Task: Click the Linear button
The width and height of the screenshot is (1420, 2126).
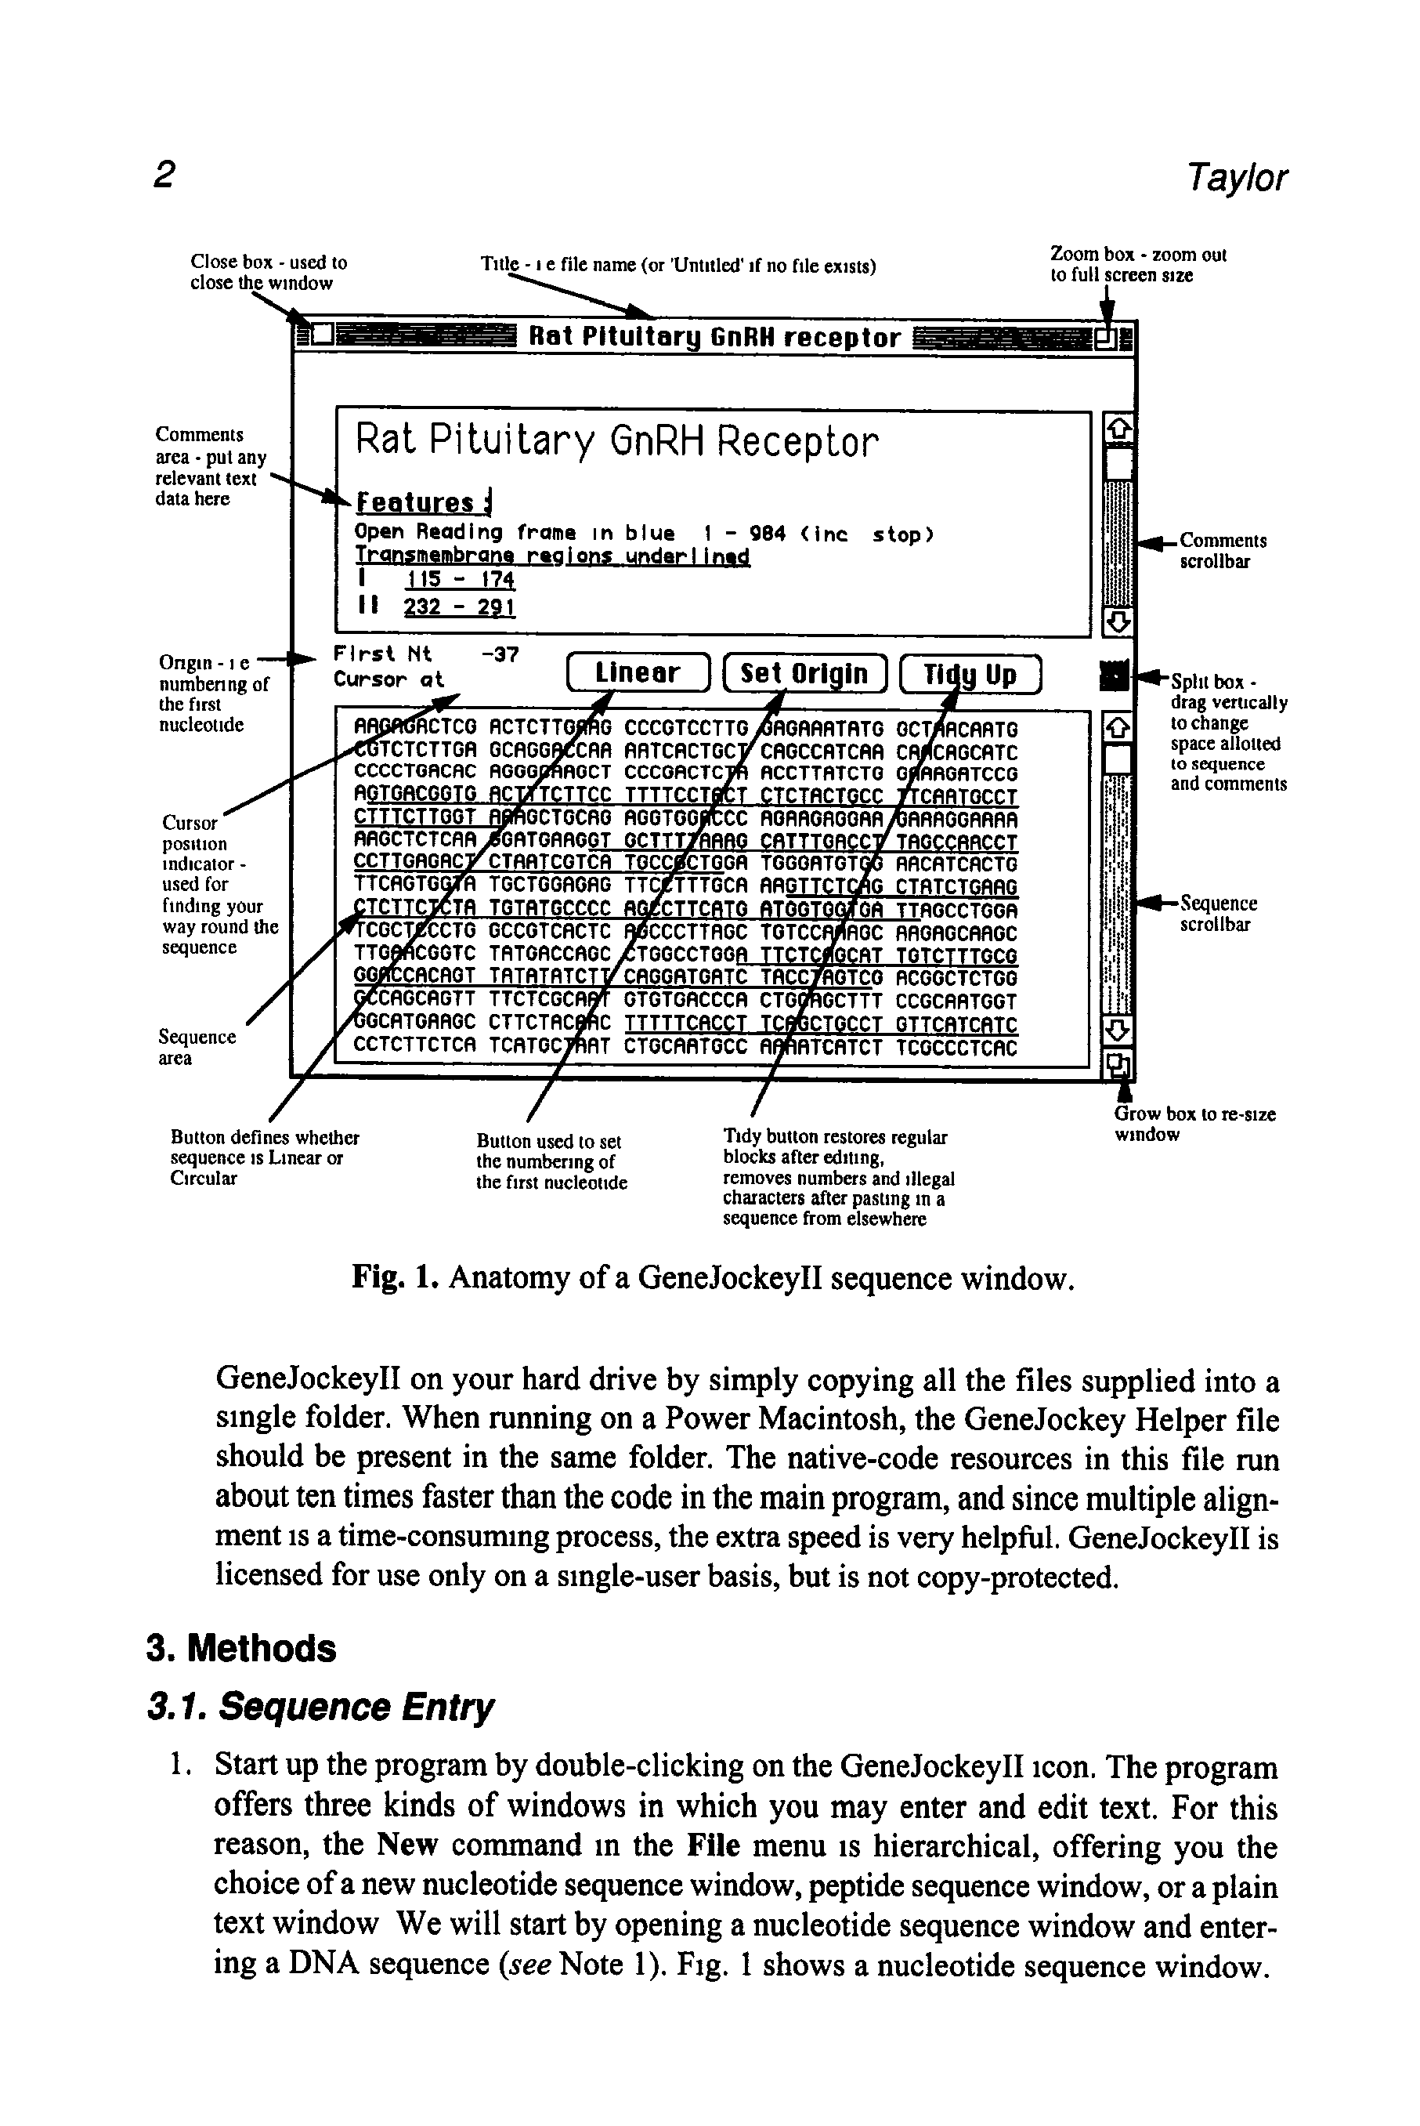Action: tap(638, 673)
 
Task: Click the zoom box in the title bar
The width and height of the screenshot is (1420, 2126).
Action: tap(1105, 339)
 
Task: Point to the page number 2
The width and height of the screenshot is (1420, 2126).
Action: tap(164, 174)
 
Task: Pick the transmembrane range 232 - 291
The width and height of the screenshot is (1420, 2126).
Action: tap(459, 607)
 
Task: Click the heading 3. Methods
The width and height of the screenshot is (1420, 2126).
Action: tap(241, 1649)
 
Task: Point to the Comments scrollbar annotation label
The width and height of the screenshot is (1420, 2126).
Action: tap(1223, 551)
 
